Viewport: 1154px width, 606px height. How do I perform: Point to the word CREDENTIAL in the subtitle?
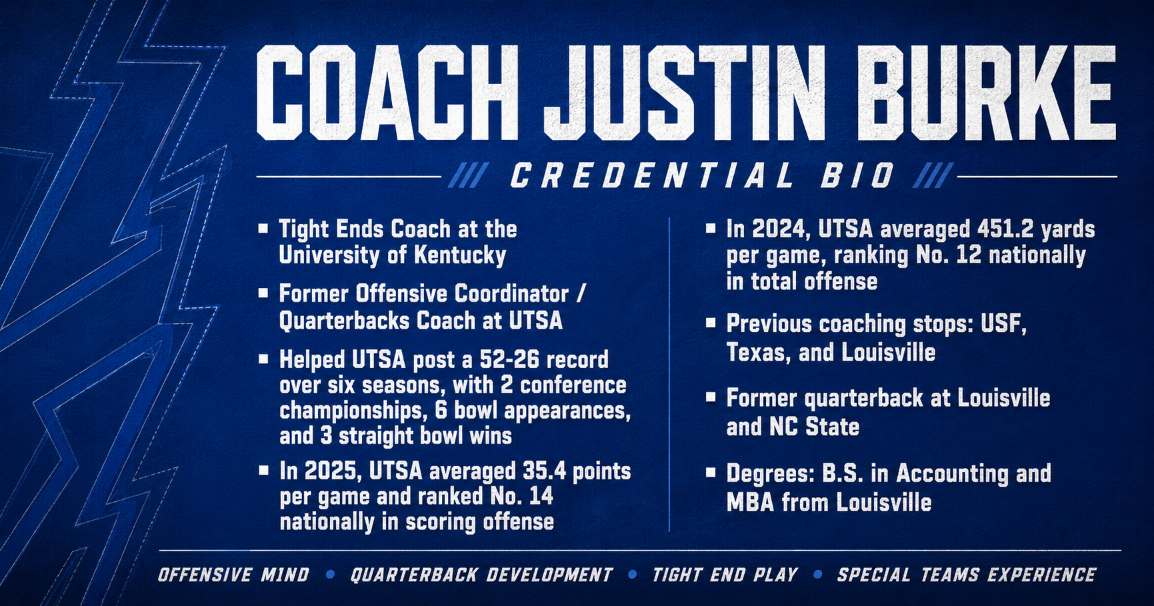coord(652,176)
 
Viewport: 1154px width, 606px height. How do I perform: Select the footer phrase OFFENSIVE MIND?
coord(233,575)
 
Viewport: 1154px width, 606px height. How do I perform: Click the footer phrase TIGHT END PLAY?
coord(725,575)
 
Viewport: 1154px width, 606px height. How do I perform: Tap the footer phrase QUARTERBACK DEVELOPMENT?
coord(481,575)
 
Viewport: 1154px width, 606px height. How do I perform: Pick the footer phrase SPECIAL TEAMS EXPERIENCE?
coord(967,575)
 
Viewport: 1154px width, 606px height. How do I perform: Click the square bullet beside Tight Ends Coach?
coord(263,229)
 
